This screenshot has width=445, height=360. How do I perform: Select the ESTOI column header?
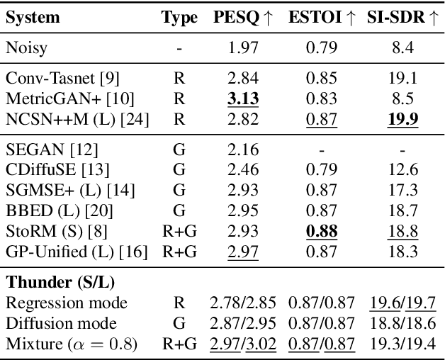pyautogui.click(x=322, y=18)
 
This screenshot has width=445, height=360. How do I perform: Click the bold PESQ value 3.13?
pyautogui.click(x=242, y=96)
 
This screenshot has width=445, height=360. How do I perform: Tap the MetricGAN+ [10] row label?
pyautogui.click(x=60, y=96)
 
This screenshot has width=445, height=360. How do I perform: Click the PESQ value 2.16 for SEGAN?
pyautogui.click(x=242, y=150)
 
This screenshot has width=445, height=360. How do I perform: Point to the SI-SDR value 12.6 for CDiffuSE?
pyautogui.click(x=402, y=170)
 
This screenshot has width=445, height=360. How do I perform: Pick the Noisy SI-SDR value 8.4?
pyautogui.click(x=402, y=48)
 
